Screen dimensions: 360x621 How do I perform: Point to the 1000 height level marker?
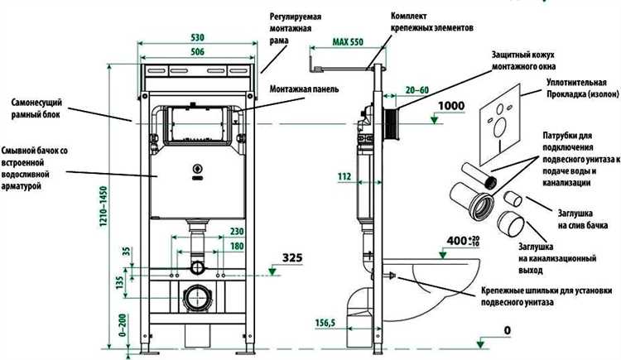[x=453, y=106]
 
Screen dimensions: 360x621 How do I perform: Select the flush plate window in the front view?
[x=196, y=126]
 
